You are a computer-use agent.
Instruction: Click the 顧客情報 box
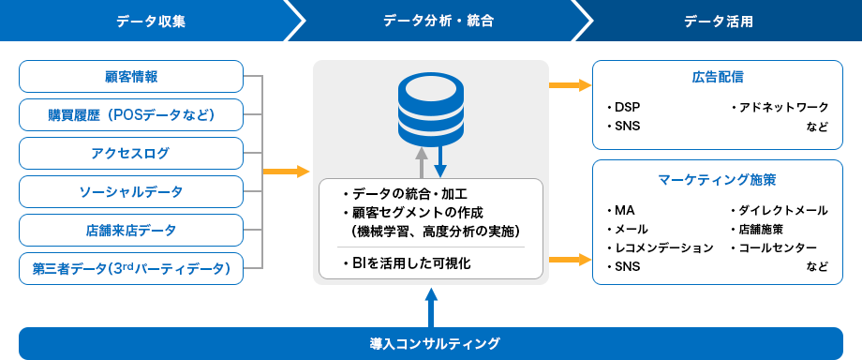click(131, 77)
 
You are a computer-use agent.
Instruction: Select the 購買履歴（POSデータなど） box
click(131, 115)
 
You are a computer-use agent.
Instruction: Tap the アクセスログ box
click(131, 154)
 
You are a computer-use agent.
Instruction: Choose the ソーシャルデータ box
click(131, 192)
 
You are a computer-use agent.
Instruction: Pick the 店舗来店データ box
click(131, 230)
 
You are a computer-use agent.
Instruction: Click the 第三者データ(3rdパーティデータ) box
click(131, 269)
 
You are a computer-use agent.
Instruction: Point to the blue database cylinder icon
click(431, 106)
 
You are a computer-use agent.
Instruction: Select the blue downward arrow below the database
click(440, 159)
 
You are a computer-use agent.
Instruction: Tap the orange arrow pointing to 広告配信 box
click(570, 85)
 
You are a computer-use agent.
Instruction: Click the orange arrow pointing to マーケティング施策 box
click(570, 259)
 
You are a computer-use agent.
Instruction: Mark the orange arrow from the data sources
click(287, 172)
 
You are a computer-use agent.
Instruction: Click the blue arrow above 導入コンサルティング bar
click(431, 308)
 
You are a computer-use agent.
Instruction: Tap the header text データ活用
click(719, 22)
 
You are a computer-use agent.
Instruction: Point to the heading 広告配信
click(718, 77)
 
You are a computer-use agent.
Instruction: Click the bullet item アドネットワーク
click(780, 107)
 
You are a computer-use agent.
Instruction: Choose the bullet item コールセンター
click(774, 247)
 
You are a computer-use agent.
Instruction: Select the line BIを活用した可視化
click(406, 263)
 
